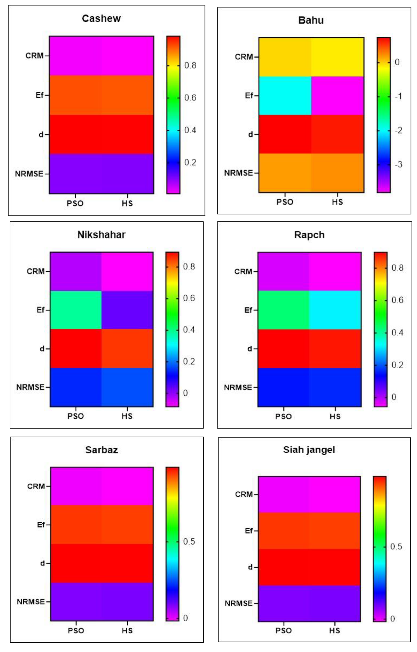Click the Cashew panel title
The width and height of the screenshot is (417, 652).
click(x=101, y=18)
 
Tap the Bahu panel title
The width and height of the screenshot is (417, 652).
click(x=311, y=20)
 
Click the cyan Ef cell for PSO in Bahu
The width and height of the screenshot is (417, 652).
click(x=285, y=96)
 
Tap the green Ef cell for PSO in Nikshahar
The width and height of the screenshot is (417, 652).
click(x=76, y=310)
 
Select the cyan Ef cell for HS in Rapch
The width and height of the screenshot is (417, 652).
click(x=335, y=310)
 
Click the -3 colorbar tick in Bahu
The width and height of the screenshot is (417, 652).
click(x=398, y=164)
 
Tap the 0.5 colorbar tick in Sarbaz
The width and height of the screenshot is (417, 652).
click(x=189, y=542)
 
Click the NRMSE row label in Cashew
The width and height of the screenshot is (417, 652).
click(x=29, y=174)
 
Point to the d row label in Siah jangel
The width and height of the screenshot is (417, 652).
click(x=250, y=567)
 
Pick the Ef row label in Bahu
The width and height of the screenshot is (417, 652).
click(x=249, y=96)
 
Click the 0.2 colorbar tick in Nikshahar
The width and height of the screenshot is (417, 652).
click(x=189, y=361)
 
